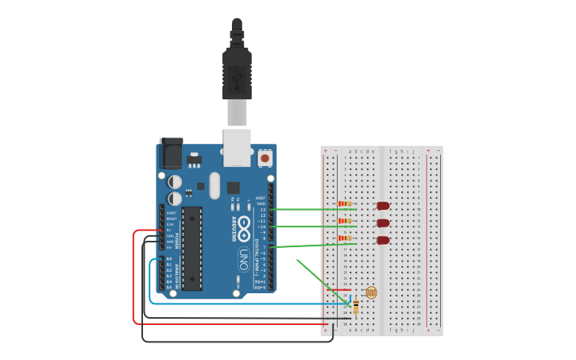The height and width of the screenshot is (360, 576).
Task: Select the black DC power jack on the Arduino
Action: (x=171, y=153)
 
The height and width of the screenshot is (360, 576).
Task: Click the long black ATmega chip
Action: (x=191, y=248)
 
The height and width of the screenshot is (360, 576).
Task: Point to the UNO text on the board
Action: (x=244, y=259)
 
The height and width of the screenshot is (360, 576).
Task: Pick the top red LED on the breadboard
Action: (x=383, y=206)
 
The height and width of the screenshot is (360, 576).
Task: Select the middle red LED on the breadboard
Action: (x=383, y=223)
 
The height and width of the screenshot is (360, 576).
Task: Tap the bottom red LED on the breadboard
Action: (x=383, y=240)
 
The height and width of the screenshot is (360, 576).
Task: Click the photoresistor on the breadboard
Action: (x=371, y=292)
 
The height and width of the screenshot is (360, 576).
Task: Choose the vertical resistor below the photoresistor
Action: (x=356, y=306)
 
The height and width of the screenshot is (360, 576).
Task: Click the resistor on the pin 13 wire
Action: (x=345, y=204)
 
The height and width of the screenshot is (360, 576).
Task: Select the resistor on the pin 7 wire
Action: (x=345, y=238)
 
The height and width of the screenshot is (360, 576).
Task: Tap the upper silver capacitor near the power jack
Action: (x=175, y=182)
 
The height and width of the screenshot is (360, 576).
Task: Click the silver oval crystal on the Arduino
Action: (x=215, y=185)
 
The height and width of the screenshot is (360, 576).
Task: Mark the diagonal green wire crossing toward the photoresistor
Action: (x=322, y=281)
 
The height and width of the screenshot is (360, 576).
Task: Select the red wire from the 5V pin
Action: (x=133, y=278)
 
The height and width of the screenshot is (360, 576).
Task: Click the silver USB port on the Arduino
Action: (x=237, y=147)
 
